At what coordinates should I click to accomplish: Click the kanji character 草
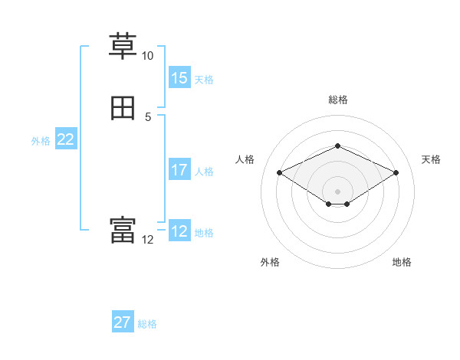click(x=123, y=46)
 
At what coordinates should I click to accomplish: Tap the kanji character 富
click(x=123, y=231)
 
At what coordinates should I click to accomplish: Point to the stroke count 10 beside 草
click(x=147, y=56)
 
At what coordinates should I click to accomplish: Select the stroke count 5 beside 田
click(x=147, y=117)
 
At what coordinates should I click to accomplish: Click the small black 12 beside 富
click(x=147, y=240)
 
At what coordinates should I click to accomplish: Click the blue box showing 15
click(x=179, y=78)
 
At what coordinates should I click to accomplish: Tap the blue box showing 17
click(x=179, y=170)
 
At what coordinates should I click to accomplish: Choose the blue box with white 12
click(x=179, y=231)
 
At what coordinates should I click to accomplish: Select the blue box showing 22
click(x=66, y=139)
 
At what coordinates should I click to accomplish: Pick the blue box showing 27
click(x=123, y=322)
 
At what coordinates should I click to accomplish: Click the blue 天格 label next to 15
click(x=203, y=80)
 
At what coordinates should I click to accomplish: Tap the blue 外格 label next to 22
click(x=41, y=141)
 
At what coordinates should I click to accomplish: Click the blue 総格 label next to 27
click(x=147, y=324)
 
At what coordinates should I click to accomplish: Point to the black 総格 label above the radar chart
click(x=337, y=100)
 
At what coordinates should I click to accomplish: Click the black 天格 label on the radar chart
click(x=431, y=159)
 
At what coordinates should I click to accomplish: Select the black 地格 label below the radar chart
click(x=402, y=262)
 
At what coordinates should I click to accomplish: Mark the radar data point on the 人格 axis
click(x=279, y=172)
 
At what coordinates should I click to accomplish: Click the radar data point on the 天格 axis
click(x=396, y=172)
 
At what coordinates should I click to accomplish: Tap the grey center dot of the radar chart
click(x=337, y=191)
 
